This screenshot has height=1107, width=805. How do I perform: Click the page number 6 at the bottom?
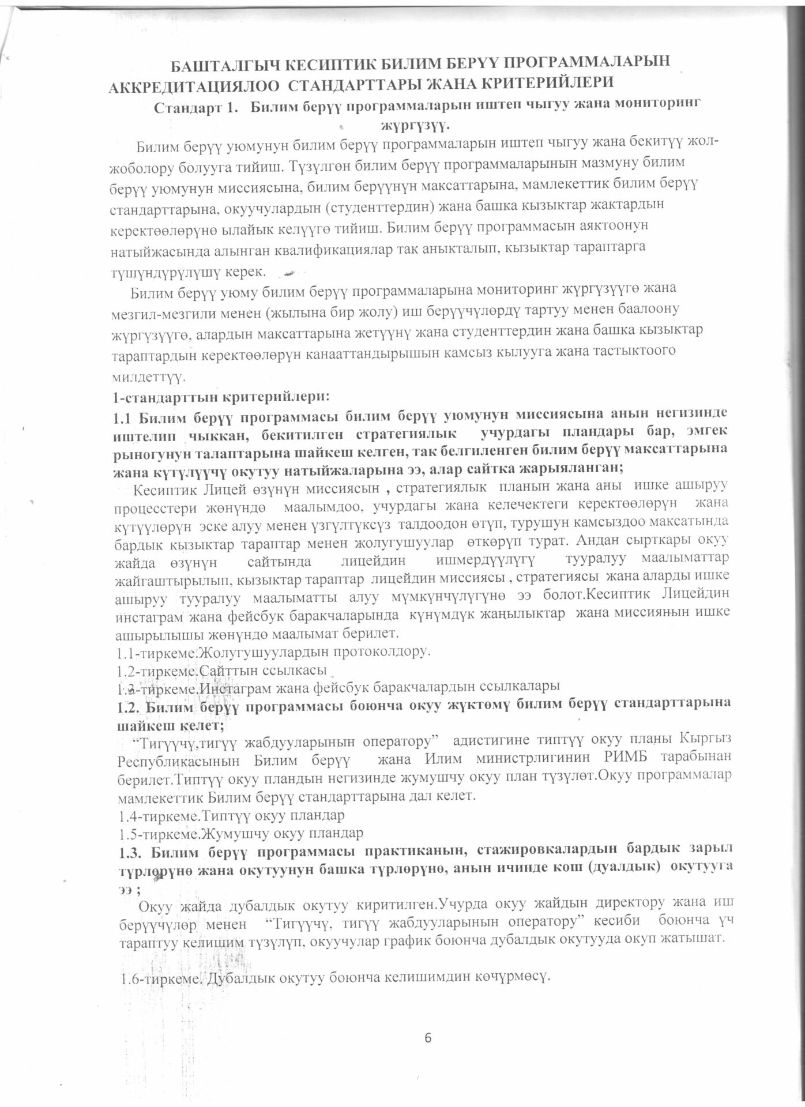(x=428, y=1037)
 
